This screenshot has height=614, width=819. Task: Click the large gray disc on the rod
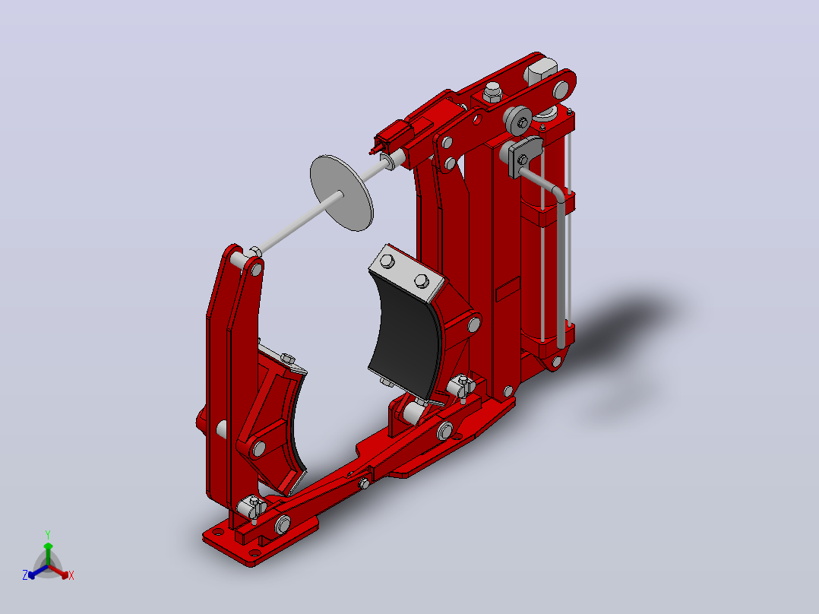pyautogui.click(x=342, y=193)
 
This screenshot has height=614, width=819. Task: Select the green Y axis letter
pyautogui.click(x=48, y=534)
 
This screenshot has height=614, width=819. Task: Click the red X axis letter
pyautogui.click(x=71, y=575)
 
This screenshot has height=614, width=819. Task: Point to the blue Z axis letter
pyautogui.click(x=25, y=574)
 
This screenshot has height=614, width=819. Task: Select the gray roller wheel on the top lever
pyautogui.click(x=517, y=120)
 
